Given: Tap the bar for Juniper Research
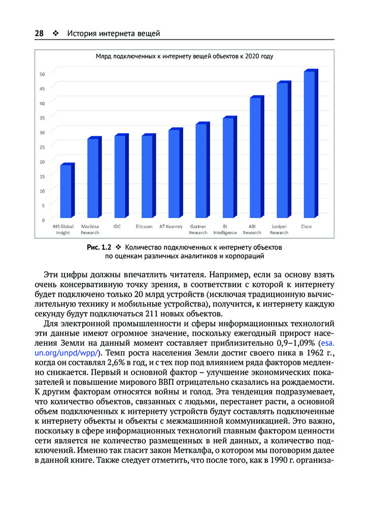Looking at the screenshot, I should [x=283, y=151].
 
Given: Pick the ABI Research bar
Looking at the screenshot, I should [x=255, y=158].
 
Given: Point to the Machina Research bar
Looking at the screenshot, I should [x=93, y=178].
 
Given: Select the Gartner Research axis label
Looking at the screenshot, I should [x=198, y=229].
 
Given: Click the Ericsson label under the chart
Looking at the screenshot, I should [x=144, y=226].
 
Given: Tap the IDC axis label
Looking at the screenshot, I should [x=117, y=226].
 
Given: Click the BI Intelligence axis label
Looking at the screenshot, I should [x=225, y=229].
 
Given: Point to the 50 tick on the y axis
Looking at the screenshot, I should [x=43, y=74].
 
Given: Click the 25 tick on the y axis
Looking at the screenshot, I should [x=43, y=147].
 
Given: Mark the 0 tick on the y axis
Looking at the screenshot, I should [x=44, y=220].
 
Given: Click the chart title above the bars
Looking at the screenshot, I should [x=184, y=56].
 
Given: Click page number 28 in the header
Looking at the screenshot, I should [x=39, y=33].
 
